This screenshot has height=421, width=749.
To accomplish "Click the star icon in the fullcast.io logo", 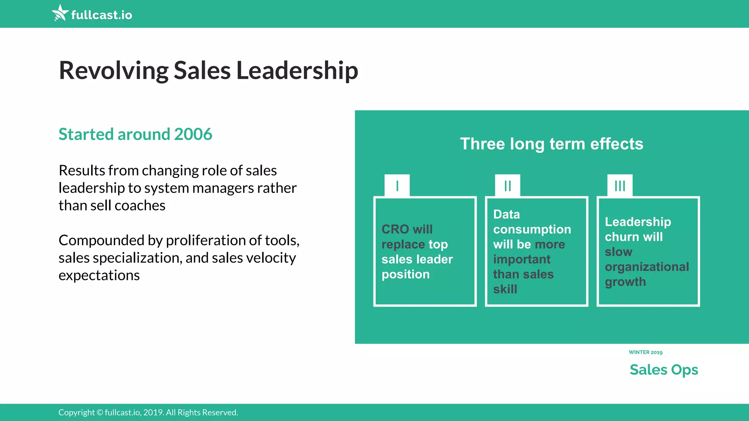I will tap(60, 13).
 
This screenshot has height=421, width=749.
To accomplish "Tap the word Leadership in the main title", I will tap(297, 70).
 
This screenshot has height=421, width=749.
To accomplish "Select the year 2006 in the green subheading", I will tap(193, 134).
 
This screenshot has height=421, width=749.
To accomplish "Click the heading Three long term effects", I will tap(552, 144).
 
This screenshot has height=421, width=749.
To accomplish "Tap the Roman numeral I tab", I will tap(397, 186).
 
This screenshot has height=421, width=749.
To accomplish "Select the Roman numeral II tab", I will tap(508, 186).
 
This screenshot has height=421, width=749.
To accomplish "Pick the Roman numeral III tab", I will tap(620, 186).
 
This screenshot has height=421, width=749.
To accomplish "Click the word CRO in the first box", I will tap(395, 229).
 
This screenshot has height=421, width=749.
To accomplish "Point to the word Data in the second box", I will tap(507, 214).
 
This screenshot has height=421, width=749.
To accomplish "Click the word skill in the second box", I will tap(505, 289).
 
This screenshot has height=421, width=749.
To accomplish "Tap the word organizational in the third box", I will tap(647, 267).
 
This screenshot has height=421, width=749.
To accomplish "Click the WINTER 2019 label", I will tap(646, 352).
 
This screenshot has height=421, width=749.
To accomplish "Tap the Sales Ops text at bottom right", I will tap(664, 370).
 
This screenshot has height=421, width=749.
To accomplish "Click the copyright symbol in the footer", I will tap(100, 413).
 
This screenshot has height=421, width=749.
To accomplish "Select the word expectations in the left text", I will tap(99, 276).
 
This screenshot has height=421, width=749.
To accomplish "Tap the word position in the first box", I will tap(406, 274).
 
